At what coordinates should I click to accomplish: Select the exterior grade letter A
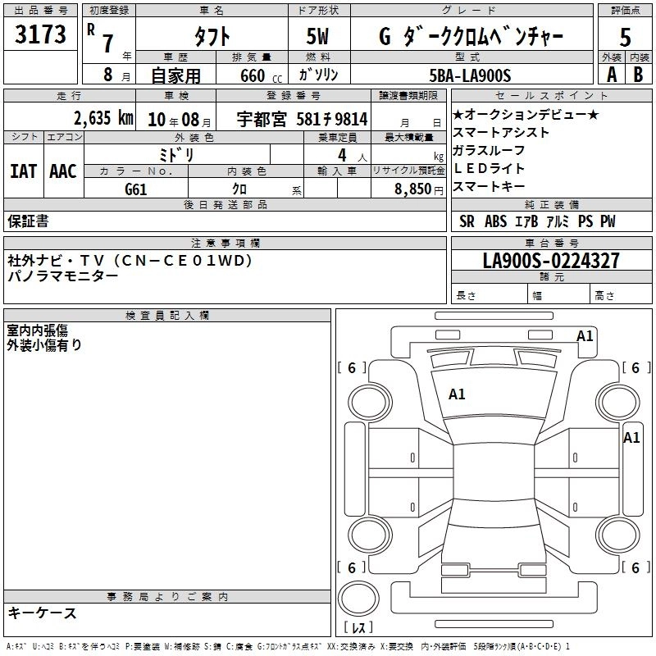coord(611,74)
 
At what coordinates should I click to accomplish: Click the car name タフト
coord(211,37)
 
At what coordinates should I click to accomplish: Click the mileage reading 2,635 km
coord(102,118)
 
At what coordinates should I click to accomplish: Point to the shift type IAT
coord(23,171)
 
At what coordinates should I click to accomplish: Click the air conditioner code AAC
coord(62,171)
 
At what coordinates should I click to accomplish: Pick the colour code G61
coord(136,189)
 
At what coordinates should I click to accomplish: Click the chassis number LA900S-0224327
coord(551,261)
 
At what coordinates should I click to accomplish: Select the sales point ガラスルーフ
coord(489,150)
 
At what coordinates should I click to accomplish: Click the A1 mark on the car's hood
coord(457,394)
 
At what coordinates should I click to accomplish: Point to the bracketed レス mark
coord(358,628)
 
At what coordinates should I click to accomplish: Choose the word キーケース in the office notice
coord(43,613)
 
